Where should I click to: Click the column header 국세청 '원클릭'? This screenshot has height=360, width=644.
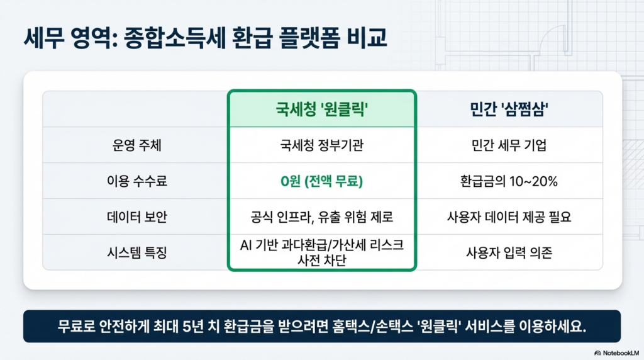pos(321,110)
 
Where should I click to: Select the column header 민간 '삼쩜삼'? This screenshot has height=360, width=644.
pos(509,110)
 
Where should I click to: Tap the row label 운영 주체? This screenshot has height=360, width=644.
pos(136,145)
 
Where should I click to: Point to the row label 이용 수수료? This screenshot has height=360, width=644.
pos(136,181)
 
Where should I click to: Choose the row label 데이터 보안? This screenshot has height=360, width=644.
pos(136,217)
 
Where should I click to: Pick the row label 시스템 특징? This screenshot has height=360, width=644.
pos(136,252)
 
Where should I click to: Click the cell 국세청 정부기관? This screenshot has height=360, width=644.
pos(321,145)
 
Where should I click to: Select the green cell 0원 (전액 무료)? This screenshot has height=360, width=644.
pos(321,181)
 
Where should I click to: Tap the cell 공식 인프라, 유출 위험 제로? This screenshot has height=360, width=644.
pos(321,217)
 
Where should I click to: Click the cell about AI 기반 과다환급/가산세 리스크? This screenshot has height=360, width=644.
pos(321,252)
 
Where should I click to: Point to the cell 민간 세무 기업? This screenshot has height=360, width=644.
pos(509,145)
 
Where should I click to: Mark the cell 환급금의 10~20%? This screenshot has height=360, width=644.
pos(509,181)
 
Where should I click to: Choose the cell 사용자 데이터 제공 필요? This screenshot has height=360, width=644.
pos(509,217)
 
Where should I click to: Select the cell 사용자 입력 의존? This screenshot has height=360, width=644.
pos(509,252)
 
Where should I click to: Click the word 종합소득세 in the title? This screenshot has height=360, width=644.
pos(175,38)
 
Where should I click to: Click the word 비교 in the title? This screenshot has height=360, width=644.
pos(367,38)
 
